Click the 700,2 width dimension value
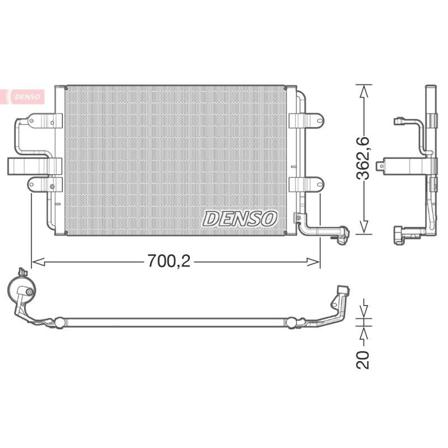(169, 260)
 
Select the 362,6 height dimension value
(363, 158)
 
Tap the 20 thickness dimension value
(363, 360)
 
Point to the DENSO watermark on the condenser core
(240, 219)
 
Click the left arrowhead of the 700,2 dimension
(38, 262)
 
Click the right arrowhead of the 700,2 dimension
(313, 262)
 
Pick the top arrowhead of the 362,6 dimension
(363, 91)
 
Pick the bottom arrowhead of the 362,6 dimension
(363, 227)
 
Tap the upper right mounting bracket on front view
(306, 120)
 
